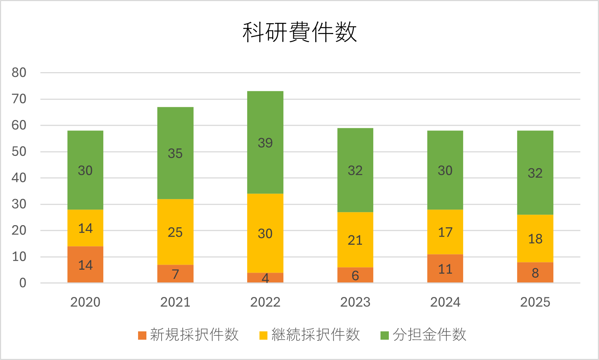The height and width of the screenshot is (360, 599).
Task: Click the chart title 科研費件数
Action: click(x=300, y=32)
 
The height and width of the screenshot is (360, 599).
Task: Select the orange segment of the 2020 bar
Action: click(x=85, y=265)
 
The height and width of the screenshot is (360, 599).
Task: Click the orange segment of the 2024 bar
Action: click(x=445, y=269)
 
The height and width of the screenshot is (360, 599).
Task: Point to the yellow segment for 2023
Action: click(x=355, y=240)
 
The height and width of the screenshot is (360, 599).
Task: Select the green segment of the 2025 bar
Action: click(x=535, y=173)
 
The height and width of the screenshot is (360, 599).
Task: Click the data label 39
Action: click(x=265, y=143)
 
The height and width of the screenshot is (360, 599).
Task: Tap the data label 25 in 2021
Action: click(x=175, y=232)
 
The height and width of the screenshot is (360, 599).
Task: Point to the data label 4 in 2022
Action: click(x=265, y=278)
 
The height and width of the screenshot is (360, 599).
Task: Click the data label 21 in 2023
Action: click(x=355, y=240)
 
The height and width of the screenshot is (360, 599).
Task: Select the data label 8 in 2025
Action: click(x=535, y=273)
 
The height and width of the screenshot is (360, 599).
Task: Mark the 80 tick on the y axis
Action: click(x=19, y=73)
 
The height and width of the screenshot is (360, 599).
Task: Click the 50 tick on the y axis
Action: click(x=19, y=152)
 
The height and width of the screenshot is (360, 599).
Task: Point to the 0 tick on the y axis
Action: click(x=22, y=283)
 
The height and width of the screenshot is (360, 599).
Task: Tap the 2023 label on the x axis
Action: click(x=355, y=302)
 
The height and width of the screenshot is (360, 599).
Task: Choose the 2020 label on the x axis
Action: click(x=85, y=302)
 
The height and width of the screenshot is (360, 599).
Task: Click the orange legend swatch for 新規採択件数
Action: click(x=142, y=335)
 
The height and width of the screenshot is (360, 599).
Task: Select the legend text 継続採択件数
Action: click(x=316, y=335)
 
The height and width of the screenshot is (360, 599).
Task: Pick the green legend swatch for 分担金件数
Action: click(x=384, y=335)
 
